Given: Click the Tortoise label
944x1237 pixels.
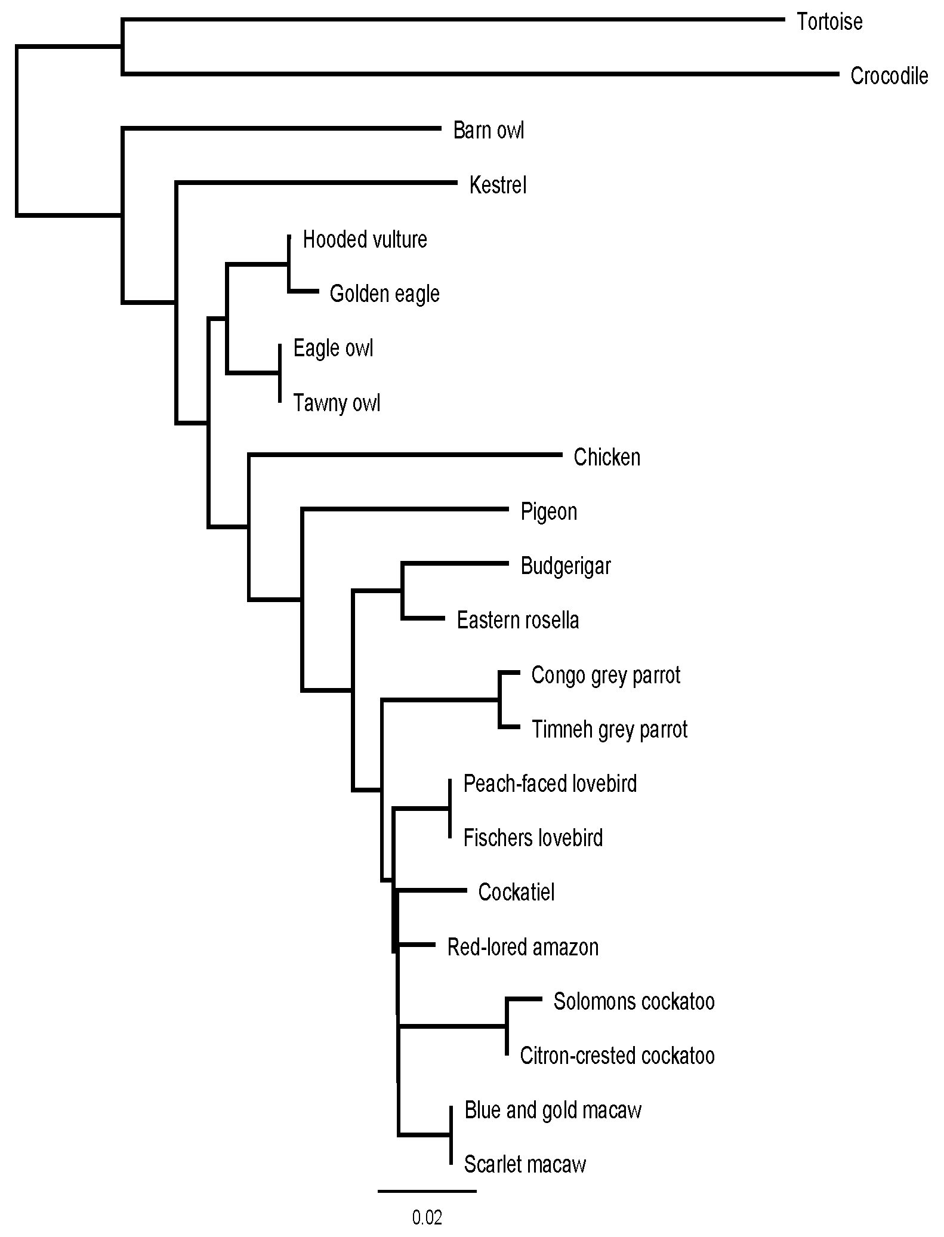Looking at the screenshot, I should pos(829,22).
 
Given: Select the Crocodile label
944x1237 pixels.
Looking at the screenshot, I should pos(889,76).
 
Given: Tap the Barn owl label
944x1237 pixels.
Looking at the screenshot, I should pos(489,131).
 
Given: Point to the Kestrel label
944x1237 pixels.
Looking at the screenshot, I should pos(498,185).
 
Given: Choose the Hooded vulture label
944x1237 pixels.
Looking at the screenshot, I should pos(365,240).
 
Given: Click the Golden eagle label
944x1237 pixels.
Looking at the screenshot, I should pos(384,294).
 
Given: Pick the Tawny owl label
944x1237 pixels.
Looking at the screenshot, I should pos(337,403).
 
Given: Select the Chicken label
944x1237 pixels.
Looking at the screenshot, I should pos(607,458).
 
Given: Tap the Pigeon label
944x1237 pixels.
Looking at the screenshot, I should pos(549,512).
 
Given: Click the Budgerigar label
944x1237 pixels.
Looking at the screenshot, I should pos(566,566).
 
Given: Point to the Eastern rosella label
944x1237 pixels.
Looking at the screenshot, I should pos(518,621).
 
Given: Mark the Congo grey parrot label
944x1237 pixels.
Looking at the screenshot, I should pos(606,675).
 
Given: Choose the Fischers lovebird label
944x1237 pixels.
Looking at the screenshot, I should pos(533,838).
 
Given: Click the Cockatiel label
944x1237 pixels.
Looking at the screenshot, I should pos(516,893).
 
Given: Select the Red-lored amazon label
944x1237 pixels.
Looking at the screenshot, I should pos(523,948).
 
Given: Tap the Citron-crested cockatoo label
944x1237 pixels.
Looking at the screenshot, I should pos(617,1056).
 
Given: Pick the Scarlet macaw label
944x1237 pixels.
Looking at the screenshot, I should pos(525,1165).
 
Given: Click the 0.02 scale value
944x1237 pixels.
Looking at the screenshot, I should pos(427,1218).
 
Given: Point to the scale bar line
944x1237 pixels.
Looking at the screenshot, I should pos(427,1191).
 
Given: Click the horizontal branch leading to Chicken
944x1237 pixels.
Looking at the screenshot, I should pos(406,455).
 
